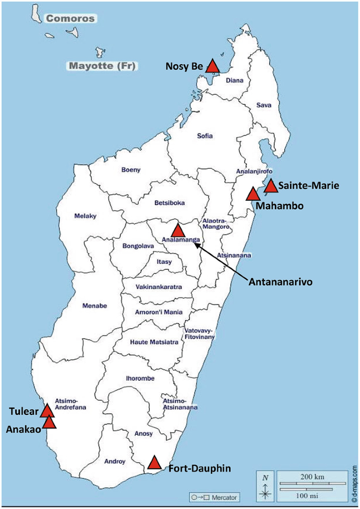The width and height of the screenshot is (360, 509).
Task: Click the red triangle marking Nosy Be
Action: (x=212, y=66)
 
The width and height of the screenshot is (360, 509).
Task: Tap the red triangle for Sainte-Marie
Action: (x=271, y=186)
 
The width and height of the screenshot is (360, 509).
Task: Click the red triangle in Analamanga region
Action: (x=178, y=230)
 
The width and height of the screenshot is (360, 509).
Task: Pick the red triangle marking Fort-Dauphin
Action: (x=154, y=462)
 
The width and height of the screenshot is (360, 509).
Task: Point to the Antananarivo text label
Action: (x=280, y=282)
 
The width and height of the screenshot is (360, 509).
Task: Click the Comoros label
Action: (x=70, y=19)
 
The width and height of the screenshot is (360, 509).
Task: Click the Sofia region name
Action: (x=205, y=136)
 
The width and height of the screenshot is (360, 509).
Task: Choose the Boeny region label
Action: (x=131, y=170)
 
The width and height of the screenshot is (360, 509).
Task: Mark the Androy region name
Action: (x=115, y=462)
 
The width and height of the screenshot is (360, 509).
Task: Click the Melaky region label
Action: (x=86, y=216)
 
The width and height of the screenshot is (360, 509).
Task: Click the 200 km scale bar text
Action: (x=312, y=476)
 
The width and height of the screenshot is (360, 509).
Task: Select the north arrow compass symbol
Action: (x=265, y=487)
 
